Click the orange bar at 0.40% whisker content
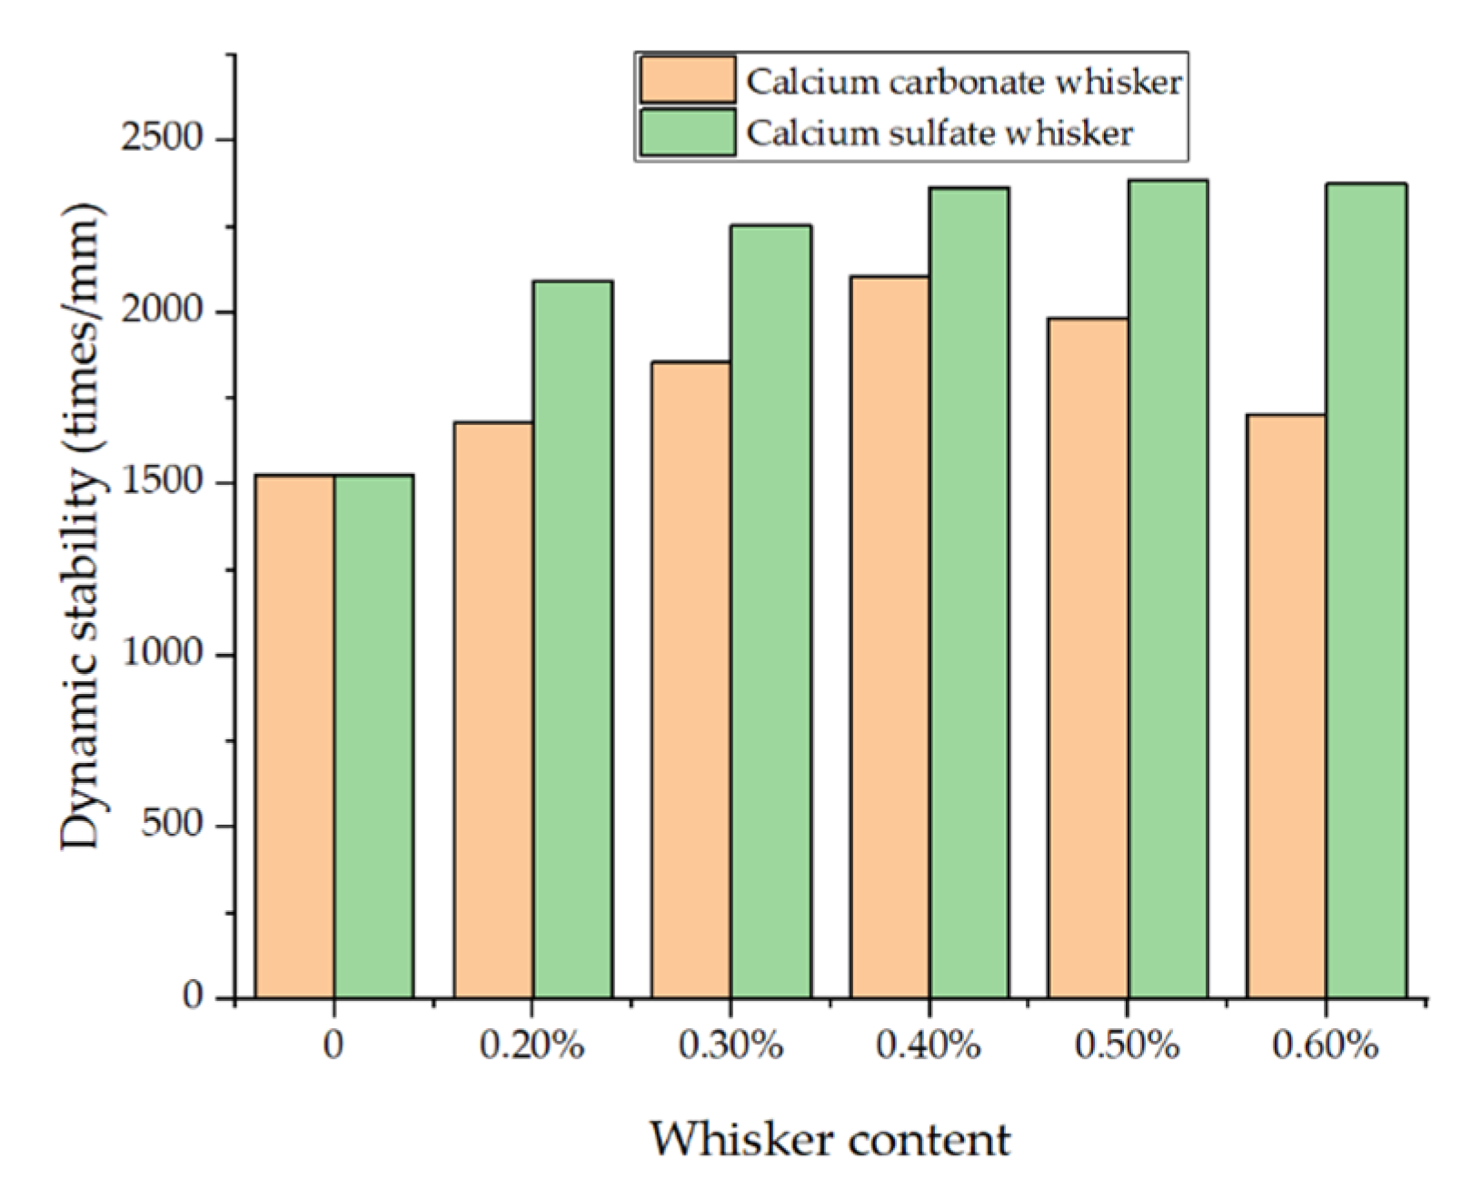coord(890,636)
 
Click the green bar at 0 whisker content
coord(373,736)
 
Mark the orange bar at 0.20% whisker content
coord(493,709)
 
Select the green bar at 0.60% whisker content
coord(1366,590)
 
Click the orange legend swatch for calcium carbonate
coord(687,80)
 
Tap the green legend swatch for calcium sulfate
coord(687,133)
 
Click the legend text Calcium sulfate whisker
coord(939,134)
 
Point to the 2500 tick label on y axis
coord(163,138)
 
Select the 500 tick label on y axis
coord(172,824)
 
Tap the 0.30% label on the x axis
coord(731,1045)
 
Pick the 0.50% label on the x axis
coord(1127,1045)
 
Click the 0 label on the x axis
coord(333,1045)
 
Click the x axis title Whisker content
coord(829,1139)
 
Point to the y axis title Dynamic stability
coord(82,527)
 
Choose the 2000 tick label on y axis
coord(163,310)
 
